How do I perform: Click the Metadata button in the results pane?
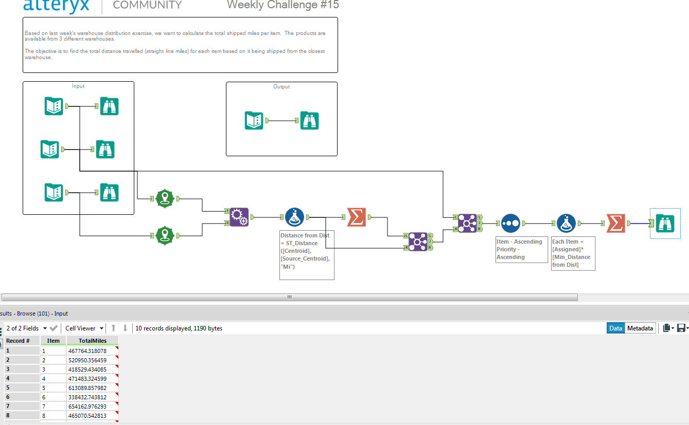coord(640,328)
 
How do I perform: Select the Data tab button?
coord(615,328)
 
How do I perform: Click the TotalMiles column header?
coord(93,341)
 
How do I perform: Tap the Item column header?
coord(53,341)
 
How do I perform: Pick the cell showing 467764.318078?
coord(87,351)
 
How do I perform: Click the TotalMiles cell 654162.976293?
coord(87,406)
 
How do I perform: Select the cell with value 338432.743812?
coord(87,397)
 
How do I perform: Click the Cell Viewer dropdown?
coord(83,328)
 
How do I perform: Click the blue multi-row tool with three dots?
coord(510,224)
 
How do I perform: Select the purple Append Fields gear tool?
coord(238,217)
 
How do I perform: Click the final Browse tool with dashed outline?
coord(665,223)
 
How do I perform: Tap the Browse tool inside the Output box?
coord(309,121)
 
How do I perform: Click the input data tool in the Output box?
coord(254,121)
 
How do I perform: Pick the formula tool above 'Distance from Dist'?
coord(295,217)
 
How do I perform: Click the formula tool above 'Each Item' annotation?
coord(566,224)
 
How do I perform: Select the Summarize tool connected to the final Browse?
coord(615,223)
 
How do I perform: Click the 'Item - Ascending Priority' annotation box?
coord(521,249)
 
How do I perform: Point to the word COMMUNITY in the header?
coord(147,5)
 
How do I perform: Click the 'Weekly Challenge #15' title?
coord(282,5)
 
